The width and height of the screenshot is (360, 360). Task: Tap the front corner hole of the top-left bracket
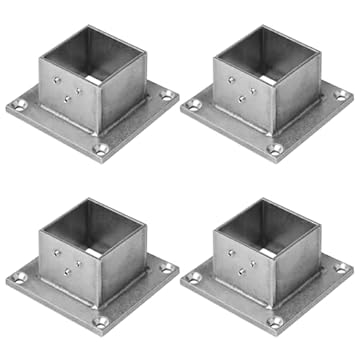coord(100,149)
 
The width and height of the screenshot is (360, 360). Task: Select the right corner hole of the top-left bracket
coord(167,96)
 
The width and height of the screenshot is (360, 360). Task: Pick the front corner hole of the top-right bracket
coord(275,149)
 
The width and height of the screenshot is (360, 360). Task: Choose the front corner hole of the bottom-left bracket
coord(100,321)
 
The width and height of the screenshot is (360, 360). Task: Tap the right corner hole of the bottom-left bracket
coord(167,268)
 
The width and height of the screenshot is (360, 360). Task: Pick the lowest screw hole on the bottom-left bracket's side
coord(69,271)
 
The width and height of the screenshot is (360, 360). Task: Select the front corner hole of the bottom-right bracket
coord(275,321)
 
